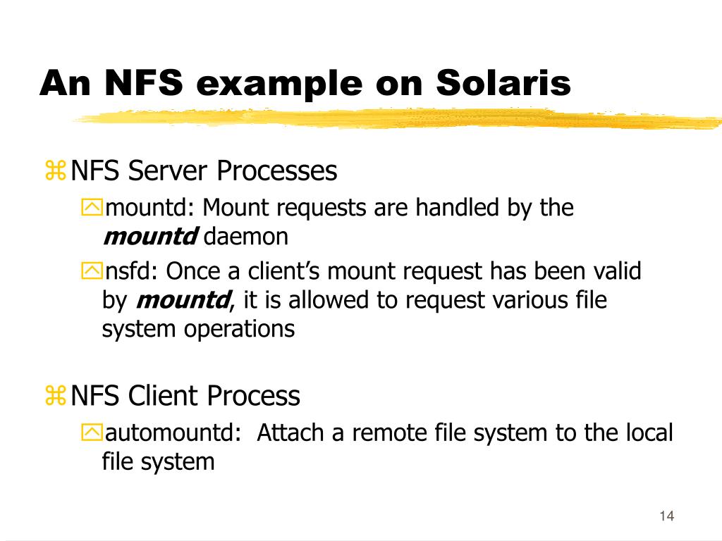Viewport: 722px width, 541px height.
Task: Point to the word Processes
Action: (276, 170)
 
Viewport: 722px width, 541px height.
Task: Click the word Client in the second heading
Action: (164, 396)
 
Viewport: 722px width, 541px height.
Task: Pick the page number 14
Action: (666, 516)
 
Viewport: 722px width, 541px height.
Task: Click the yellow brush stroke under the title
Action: (395, 118)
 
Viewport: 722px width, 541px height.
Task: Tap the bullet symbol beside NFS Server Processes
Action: (55, 170)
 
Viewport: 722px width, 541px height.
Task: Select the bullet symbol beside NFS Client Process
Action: (55, 396)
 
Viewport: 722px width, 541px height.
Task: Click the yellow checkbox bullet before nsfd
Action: (92, 271)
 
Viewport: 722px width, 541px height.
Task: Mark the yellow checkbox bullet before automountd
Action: (92, 433)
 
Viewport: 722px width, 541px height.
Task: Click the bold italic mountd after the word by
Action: (183, 301)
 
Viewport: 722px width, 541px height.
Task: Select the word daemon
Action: (246, 237)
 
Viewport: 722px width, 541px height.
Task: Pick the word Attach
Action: (290, 433)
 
